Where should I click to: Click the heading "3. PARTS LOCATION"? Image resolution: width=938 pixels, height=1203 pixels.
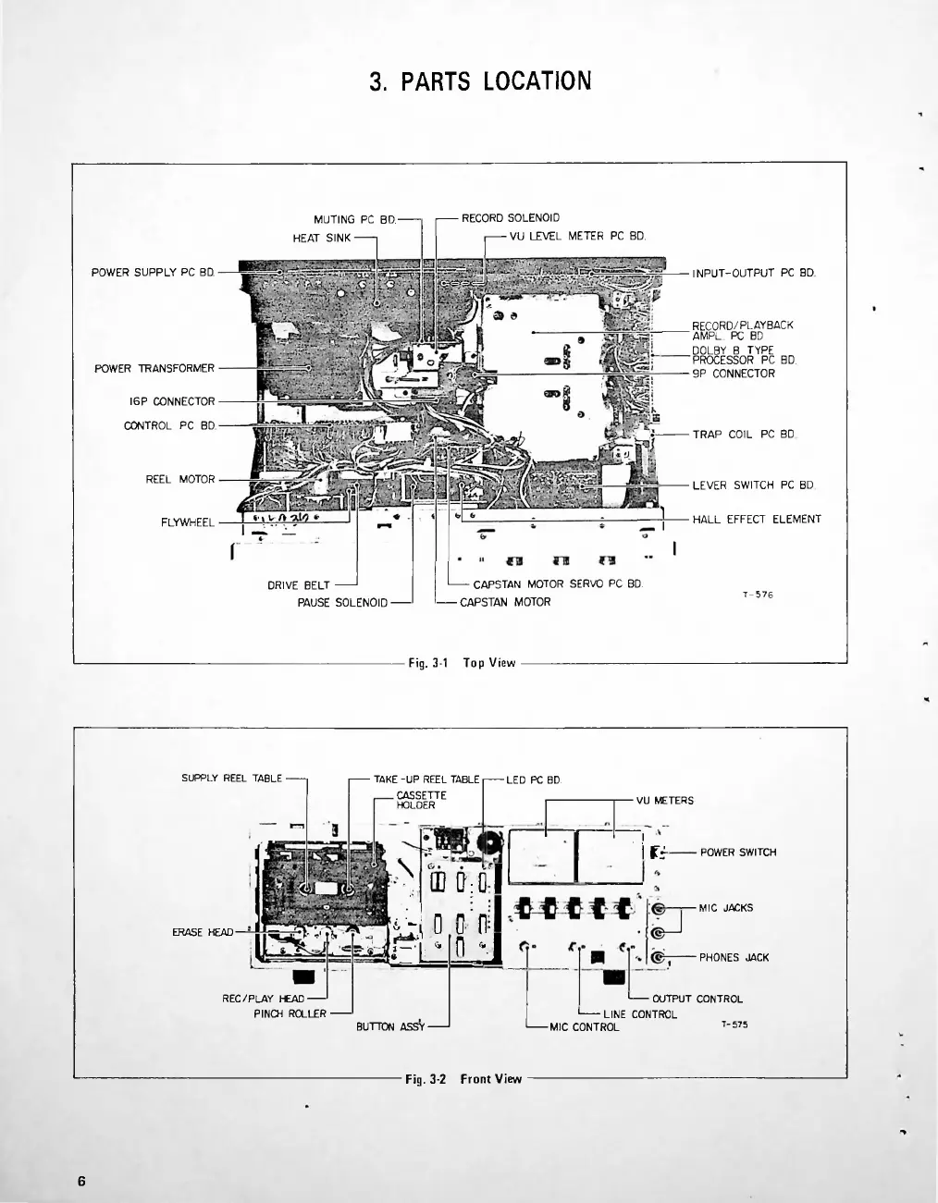click(479, 81)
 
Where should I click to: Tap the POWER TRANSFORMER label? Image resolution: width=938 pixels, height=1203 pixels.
click(154, 369)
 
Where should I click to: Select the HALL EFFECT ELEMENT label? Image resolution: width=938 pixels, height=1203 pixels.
click(757, 520)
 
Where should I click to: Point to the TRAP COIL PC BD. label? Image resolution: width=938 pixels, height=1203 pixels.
click(744, 434)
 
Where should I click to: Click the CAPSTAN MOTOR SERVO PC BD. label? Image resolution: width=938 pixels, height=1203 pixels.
click(557, 584)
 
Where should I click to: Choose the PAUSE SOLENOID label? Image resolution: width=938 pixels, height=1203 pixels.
click(342, 603)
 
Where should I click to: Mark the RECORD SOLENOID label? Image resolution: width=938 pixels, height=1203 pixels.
click(510, 219)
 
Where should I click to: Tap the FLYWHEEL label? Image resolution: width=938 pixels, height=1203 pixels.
click(188, 522)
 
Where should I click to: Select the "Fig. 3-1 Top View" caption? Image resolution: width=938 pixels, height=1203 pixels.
click(462, 663)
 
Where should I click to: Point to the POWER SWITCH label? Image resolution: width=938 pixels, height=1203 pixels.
click(737, 853)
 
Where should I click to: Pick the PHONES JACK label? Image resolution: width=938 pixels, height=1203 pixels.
click(734, 958)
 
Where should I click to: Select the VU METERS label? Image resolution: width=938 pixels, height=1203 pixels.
click(664, 801)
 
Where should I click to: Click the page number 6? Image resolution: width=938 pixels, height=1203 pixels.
click(81, 1181)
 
